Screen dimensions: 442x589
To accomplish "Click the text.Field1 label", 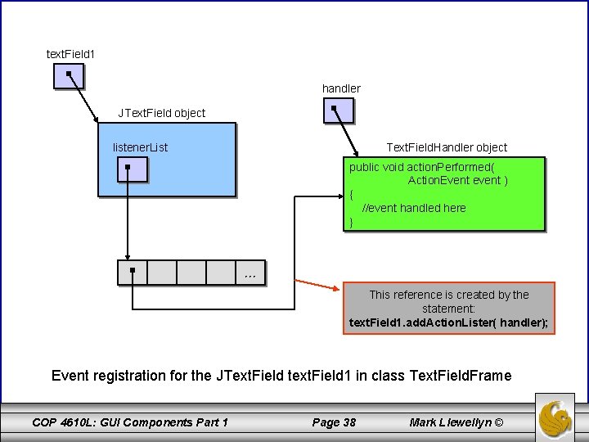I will point(70,54).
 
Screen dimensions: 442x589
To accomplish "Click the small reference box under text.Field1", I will point(69,76).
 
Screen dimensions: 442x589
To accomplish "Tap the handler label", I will point(341,88).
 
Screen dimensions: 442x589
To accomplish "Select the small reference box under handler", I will point(338,110).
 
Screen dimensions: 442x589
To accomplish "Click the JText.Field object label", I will point(162,113).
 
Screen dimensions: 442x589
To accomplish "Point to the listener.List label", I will point(140,147).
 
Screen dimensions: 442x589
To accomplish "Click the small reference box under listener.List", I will point(131,169).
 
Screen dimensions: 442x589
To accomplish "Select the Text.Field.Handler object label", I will point(446,147).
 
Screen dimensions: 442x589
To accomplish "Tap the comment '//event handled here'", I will point(414,208).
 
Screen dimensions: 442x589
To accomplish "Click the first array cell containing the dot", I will point(132,272).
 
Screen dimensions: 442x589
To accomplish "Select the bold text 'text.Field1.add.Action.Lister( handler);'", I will point(448,322).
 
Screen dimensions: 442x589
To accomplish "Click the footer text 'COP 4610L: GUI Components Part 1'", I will point(130,422).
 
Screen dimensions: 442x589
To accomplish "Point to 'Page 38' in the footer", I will point(334,422).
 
